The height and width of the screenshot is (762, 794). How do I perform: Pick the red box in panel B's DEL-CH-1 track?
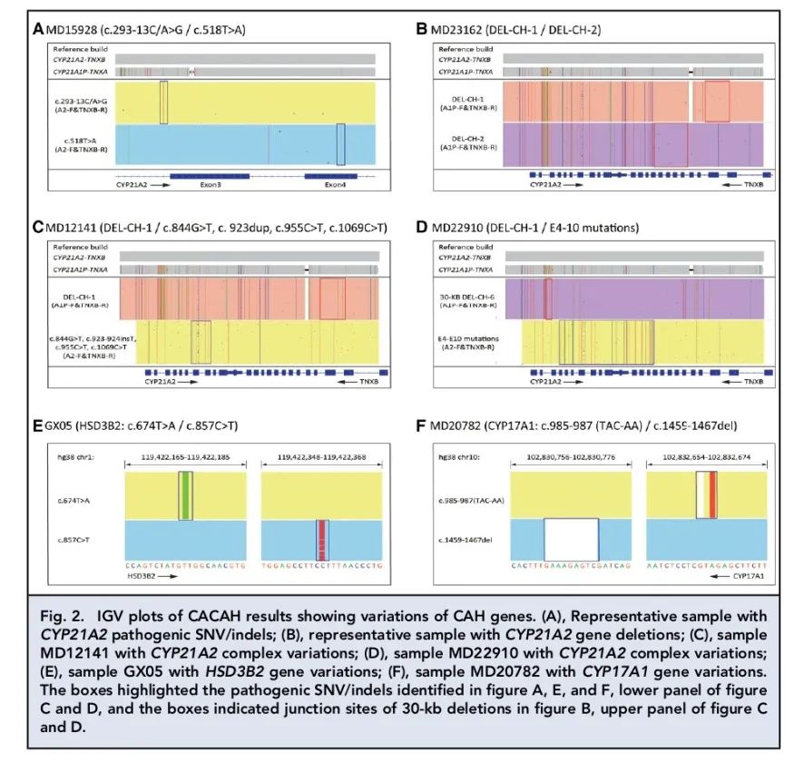click(717, 101)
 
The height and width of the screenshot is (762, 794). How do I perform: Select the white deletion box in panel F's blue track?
click(570, 540)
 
